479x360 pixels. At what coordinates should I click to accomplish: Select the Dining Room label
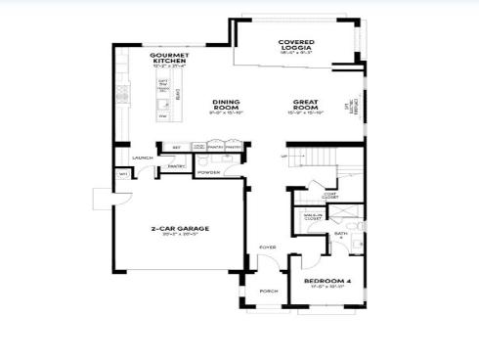(226, 103)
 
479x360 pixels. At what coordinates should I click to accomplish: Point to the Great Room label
(306, 103)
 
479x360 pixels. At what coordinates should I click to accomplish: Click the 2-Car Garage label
(179, 228)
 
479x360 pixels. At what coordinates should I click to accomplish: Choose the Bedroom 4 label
(327, 281)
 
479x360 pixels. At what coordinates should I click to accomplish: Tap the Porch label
(267, 291)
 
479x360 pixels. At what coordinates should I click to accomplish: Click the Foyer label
(266, 247)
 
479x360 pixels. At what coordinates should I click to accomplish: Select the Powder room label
(208, 172)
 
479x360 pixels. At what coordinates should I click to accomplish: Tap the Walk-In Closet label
(314, 217)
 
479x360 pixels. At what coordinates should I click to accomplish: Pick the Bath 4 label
(341, 236)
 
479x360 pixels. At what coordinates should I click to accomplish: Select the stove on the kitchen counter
(123, 95)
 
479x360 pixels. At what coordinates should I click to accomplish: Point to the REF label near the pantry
(176, 148)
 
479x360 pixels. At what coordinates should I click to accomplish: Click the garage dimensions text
(179, 235)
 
